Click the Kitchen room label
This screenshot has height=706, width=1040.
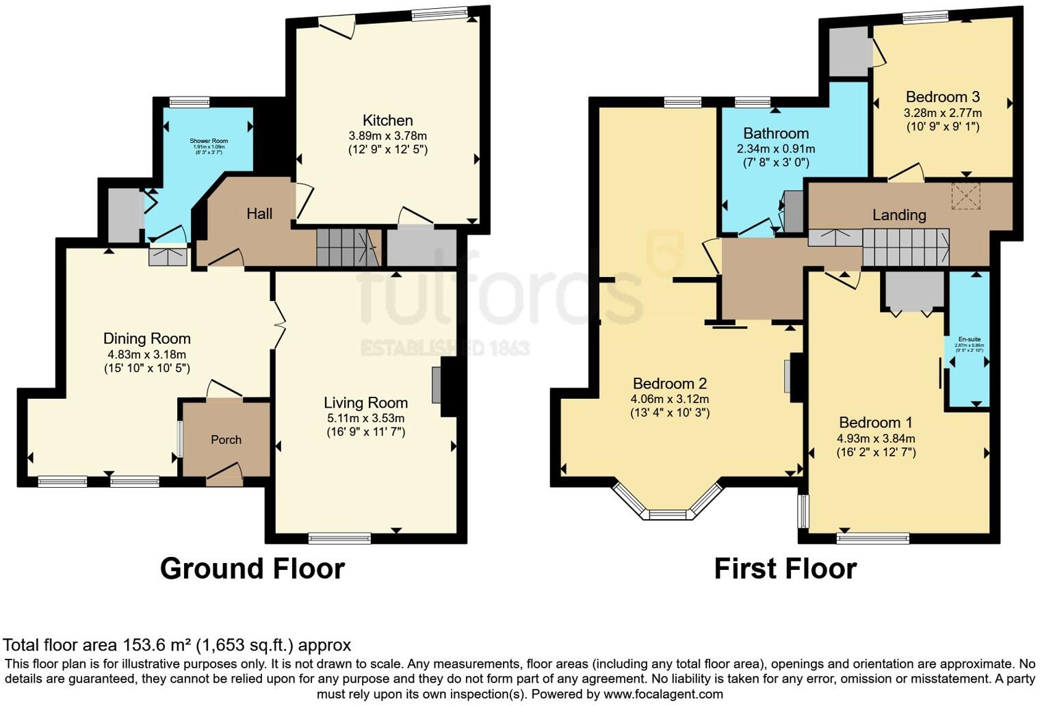click(387, 120)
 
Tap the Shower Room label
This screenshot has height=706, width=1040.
click(209, 141)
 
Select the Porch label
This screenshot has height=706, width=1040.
click(226, 440)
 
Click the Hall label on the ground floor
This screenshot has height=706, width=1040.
click(259, 214)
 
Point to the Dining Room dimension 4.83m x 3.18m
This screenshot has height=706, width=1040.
click(146, 354)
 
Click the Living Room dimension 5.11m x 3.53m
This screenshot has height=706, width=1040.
click(365, 418)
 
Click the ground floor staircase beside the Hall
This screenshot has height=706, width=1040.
click(348, 247)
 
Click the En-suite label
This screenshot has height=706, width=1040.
click(969, 339)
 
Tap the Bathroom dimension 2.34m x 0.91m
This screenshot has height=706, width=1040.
click(776, 148)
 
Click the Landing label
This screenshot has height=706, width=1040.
click(898, 215)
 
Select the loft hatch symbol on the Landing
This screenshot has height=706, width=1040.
click(965, 196)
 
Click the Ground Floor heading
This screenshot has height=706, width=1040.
click(252, 568)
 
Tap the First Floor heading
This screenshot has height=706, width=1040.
click(785, 568)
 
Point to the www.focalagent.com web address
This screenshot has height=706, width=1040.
click(662, 694)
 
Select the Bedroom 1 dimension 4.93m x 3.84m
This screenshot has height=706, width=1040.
click(876, 439)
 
